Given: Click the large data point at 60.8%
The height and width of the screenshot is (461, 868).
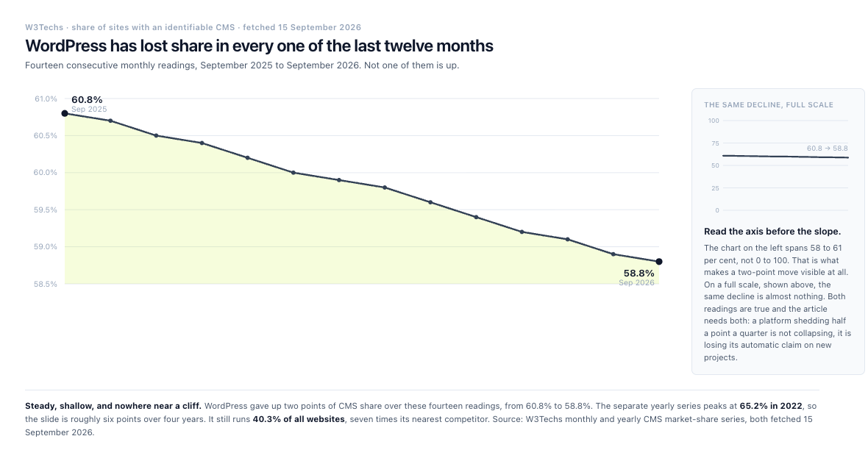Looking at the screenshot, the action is pos(65,113).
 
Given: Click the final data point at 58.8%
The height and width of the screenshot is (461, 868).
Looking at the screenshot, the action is pos(659,262).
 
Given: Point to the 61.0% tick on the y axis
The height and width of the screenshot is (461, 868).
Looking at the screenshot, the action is pos(46,99).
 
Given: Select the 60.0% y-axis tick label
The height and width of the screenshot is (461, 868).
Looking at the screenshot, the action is pos(46,173).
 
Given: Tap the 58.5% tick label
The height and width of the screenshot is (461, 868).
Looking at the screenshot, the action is pos(46,284).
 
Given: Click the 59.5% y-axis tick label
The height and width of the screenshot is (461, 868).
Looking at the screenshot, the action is pos(46,210).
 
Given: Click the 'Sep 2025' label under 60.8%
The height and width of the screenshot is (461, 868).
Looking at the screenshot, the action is pos(89,110).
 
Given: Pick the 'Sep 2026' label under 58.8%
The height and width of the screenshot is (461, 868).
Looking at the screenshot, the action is pos(636,283).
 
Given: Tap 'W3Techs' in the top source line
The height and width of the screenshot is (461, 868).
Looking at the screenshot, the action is pos(44,28).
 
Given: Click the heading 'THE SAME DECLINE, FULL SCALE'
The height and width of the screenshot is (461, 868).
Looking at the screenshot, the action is pos(769,104).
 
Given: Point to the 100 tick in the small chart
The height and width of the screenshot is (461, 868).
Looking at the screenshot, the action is pos(714,121).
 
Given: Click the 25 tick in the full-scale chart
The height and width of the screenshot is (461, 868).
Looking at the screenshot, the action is pos(715,188).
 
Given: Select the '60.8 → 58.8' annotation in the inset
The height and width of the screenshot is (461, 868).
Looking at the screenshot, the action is pos(827,149).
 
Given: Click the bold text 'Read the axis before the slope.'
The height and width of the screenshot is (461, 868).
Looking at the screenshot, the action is pos(772,232).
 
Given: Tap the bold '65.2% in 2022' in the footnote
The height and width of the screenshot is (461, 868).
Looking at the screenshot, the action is pos(771,406).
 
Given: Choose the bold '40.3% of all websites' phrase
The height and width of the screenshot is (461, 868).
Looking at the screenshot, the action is pos(299,420).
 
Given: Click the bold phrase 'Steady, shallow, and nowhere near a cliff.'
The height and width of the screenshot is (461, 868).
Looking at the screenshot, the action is pos(113,406).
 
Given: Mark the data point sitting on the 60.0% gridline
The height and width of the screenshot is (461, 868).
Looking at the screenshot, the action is pos(294,173).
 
